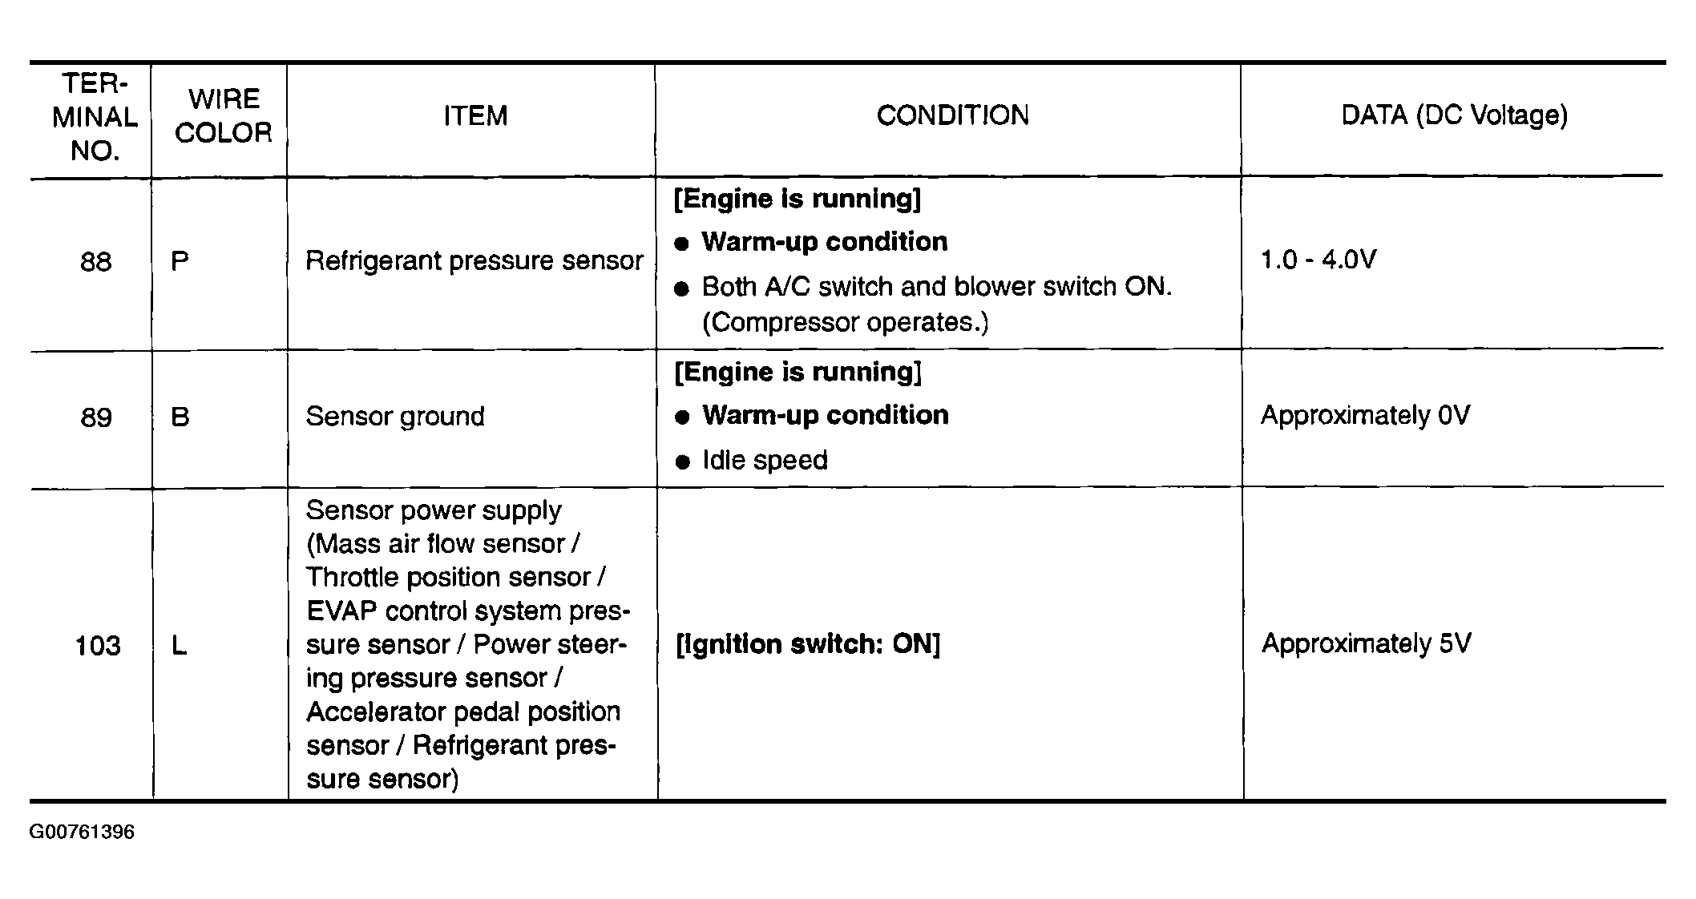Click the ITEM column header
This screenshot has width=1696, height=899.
click(475, 116)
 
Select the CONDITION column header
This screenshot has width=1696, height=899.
click(952, 115)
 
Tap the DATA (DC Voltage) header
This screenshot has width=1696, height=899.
click(1454, 115)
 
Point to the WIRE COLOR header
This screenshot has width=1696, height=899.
click(223, 116)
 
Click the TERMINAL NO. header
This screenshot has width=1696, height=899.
click(95, 117)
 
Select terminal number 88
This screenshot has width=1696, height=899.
click(96, 262)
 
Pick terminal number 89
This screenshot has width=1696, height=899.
click(96, 417)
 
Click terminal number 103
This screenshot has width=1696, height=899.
click(97, 646)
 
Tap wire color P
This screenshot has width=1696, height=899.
click(180, 262)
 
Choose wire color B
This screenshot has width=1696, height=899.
click(180, 417)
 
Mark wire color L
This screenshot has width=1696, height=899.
click(179, 646)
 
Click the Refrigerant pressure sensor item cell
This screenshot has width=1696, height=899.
click(474, 261)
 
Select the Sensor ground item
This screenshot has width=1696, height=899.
click(395, 417)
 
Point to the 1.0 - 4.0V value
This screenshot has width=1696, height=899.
click(1318, 260)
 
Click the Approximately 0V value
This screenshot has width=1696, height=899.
click(1365, 416)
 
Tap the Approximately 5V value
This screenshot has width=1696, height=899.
click(1366, 644)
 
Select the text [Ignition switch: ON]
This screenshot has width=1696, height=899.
click(808, 644)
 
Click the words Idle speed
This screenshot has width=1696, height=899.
click(765, 461)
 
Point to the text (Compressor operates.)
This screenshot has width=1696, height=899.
click(845, 322)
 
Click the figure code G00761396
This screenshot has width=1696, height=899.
click(82, 832)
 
